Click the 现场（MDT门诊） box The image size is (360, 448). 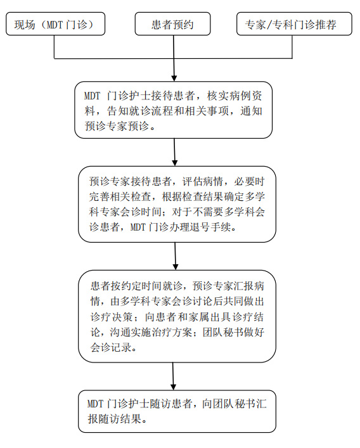pos(55,23)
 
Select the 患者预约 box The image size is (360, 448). pos(172,23)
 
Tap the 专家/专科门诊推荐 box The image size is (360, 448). pos(294,23)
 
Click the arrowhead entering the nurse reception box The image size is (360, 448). pos(174,79)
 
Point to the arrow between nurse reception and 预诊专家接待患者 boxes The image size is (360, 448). pos(174,152)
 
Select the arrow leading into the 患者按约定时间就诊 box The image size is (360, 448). pos(176,256)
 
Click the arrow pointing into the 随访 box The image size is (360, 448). pos(173,376)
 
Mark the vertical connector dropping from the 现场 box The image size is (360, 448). pos(55,47)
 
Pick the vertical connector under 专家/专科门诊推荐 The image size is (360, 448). pos(292,47)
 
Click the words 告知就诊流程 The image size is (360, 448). pos(134,111)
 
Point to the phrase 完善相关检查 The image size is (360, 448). pos(120,196)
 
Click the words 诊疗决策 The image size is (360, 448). pos(112,317)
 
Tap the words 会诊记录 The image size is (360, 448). pos(111,347)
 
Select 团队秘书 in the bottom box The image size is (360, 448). pos(224,404)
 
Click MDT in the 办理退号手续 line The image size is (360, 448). pos(138,227)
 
